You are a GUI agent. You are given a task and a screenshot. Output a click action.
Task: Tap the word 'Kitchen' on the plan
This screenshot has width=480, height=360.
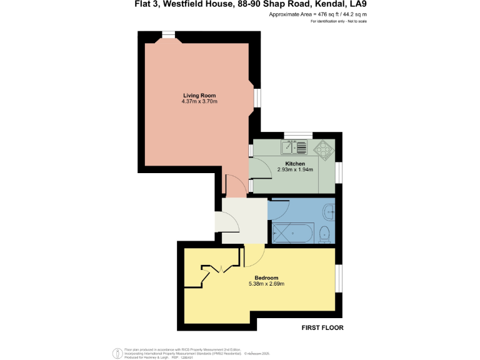click(x=294, y=164)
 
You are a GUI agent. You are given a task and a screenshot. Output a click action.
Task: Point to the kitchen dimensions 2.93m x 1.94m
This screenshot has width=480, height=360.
click(x=294, y=170)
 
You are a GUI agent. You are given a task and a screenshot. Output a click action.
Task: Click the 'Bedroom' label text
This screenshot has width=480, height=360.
click(x=266, y=277)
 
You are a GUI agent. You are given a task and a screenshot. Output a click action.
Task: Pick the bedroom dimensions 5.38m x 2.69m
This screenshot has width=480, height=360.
click(x=266, y=284)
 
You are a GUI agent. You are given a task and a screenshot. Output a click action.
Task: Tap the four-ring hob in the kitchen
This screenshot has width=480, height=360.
click(x=324, y=149)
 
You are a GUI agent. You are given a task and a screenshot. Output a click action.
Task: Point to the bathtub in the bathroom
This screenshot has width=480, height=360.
click(x=292, y=233)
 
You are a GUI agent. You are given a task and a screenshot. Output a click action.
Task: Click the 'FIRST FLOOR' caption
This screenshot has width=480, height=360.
click(x=322, y=327)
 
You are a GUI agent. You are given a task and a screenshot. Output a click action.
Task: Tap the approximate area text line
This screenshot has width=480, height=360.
click(x=318, y=14)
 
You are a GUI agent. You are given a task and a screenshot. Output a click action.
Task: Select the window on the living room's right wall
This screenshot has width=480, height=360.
click(x=257, y=97)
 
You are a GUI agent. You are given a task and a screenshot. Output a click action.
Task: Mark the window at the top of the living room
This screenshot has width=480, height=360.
click(x=168, y=35)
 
